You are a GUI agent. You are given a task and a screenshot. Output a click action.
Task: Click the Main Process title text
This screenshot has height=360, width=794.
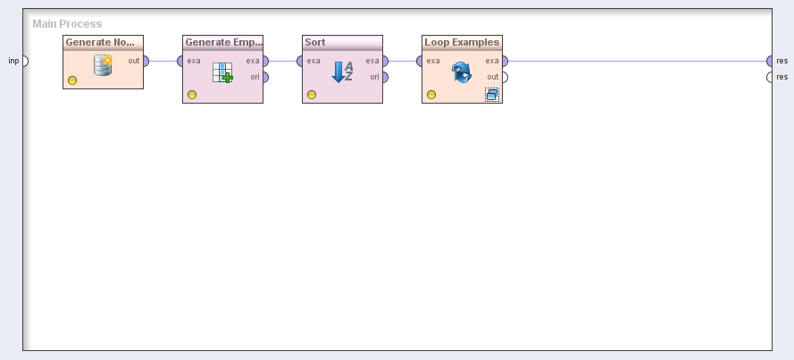(67, 24)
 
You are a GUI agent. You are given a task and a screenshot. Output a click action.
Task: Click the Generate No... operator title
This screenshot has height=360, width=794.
(100, 42)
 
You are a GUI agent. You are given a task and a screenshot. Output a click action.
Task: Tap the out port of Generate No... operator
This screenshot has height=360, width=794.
(145, 62)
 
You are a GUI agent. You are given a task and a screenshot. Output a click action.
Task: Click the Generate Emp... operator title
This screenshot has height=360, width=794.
(222, 42)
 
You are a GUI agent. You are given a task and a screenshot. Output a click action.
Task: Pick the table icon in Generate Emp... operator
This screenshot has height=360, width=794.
(222, 72)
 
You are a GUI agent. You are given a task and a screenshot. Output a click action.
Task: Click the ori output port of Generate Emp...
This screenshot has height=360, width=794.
(264, 77)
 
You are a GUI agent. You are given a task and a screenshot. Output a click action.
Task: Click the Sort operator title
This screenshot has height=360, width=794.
(315, 42)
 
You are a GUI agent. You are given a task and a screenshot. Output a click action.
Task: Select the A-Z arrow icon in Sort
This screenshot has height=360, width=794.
(342, 72)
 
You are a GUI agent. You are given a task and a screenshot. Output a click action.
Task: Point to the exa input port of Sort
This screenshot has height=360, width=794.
(301, 62)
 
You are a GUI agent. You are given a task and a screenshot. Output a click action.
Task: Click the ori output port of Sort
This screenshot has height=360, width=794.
(384, 77)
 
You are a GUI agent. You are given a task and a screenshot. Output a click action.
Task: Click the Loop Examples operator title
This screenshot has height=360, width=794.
(462, 42)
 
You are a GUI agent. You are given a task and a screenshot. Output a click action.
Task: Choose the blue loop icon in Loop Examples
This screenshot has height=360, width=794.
(461, 72)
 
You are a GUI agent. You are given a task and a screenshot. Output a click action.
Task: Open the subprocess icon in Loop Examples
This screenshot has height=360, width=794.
(492, 94)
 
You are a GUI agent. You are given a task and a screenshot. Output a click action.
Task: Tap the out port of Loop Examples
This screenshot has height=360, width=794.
(504, 77)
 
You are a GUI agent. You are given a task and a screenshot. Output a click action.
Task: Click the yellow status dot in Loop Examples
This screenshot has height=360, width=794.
(431, 94)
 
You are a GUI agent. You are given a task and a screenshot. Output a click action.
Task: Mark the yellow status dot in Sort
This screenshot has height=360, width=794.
(312, 94)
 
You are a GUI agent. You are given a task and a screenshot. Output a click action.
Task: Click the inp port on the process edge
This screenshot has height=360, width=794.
(24, 62)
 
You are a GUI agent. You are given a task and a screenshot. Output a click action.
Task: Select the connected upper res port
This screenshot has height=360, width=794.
(770, 62)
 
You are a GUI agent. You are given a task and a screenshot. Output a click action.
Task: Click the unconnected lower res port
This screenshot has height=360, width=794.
(770, 77)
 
